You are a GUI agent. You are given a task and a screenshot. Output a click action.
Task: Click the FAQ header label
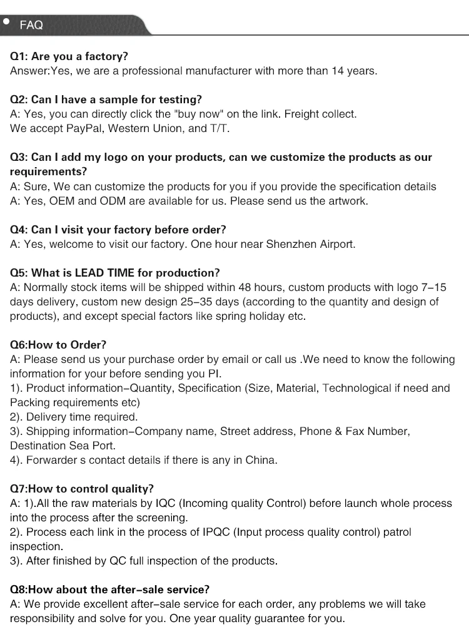pyautogui.click(x=31, y=25)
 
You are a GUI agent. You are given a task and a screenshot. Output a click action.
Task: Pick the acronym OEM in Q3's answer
pyautogui.click(x=61, y=201)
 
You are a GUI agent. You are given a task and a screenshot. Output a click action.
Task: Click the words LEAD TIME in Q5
pyautogui.click(x=102, y=273)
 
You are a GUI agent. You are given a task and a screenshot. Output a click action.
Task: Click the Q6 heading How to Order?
pyautogui.click(x=58, y=345)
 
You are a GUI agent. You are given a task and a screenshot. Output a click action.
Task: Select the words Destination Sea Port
pyautogui.click(x=63, y=446)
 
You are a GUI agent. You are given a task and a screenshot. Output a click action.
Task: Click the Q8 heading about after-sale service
pyautogui.click(x=109, y=590)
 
